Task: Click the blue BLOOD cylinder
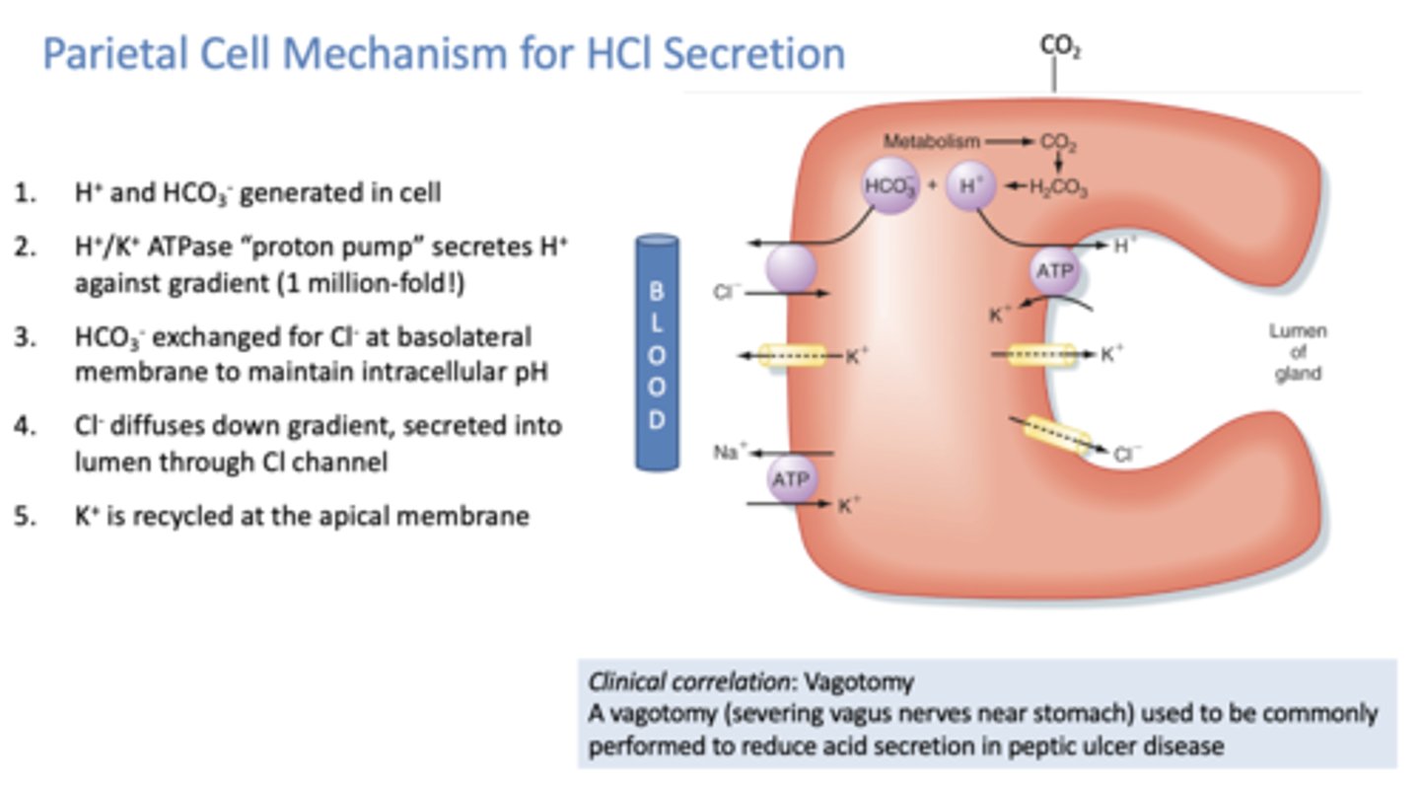coord(656,352)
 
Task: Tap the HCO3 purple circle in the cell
coord(890,186)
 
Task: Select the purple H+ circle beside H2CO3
coord(971,186)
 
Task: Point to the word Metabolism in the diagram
coord(931,141)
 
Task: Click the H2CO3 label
coord(1059,190)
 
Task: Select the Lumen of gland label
coord(1297,353)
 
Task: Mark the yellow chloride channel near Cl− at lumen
coord(1056,435)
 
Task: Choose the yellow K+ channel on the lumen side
coord(1041,355)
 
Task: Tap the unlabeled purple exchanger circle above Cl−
coord(791,268)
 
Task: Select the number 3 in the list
coord(22,337)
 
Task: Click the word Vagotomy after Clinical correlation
coord(858,681)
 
